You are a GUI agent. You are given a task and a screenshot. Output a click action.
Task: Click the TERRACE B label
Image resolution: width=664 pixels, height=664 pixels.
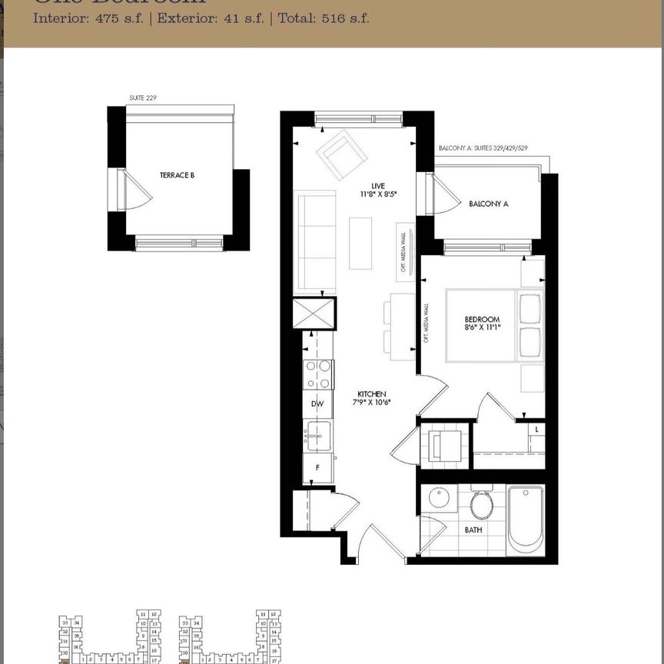tap(177, 175)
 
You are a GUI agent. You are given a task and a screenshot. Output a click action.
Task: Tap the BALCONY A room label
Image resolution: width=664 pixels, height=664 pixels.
tap(489, 204)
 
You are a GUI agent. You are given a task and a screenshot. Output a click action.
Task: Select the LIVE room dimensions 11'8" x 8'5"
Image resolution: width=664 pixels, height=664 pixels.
tap(377, 194)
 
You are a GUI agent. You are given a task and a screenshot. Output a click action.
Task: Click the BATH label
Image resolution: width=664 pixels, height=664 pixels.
tap(473, 530)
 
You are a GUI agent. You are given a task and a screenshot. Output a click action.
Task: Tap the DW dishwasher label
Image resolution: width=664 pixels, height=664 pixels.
tap(317, 403)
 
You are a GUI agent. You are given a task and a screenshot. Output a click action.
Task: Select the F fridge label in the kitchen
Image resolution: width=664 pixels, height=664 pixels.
tap(317, 466)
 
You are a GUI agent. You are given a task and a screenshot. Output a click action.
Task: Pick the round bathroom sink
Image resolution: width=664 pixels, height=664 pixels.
tap(439, 499)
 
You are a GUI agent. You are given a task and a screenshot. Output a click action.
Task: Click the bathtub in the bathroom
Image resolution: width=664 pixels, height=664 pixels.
tap(526, 519)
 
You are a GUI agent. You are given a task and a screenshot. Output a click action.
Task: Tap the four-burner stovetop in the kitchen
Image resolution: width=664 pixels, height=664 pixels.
tap(319, 375)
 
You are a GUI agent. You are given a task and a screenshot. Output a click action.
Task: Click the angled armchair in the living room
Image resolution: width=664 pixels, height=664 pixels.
tap(340, 154)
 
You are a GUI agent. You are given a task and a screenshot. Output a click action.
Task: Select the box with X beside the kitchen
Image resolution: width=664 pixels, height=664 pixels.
tap(314, 315)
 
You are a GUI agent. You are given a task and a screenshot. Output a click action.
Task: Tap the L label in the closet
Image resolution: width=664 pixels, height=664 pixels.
tap(536, 429)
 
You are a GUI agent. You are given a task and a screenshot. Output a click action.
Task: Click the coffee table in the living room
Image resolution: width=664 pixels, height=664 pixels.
tap(360, 244)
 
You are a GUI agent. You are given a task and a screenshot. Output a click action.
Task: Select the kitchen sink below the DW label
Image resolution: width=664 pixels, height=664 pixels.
tap(317, 437)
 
